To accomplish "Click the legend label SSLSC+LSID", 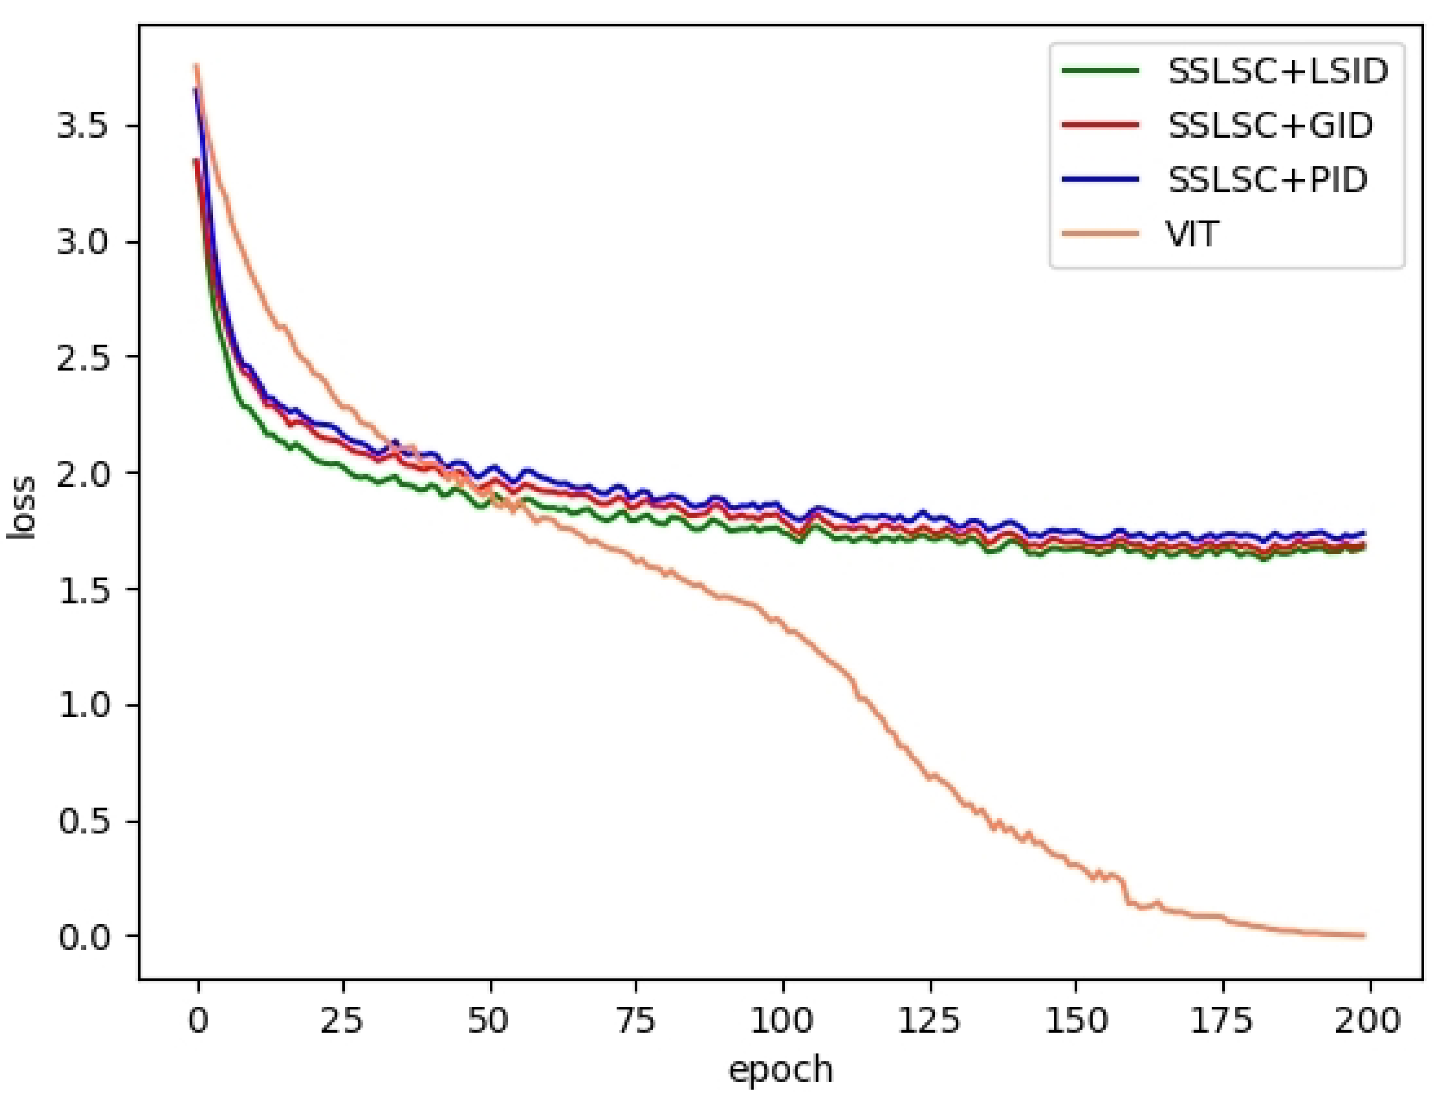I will click(1278, 71).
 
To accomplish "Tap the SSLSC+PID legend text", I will click(1267, 179).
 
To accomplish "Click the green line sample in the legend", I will click(1100, 71).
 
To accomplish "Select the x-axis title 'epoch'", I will click(781, 1070).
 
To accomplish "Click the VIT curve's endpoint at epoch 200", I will click(1364, 935).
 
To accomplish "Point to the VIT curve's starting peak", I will click(196, 65).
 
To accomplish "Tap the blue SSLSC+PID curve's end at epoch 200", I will click(1364, 532).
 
